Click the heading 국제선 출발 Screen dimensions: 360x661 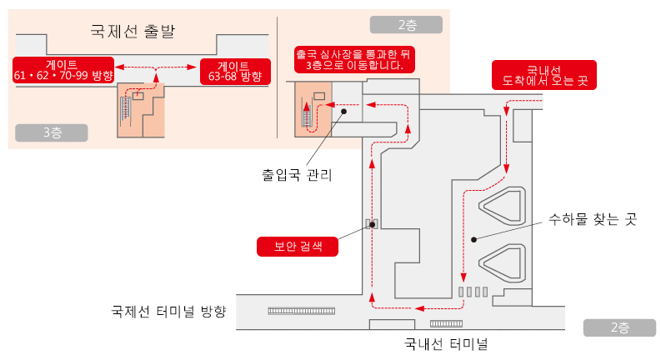pos(138,32)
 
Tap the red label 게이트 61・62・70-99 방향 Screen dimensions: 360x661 pos(63,70)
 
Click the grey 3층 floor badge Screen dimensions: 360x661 pos(51,132)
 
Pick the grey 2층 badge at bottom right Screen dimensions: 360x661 pos(618,327)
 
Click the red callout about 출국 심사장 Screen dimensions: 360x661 pos(354,58)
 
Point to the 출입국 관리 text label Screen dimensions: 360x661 pos(297,176)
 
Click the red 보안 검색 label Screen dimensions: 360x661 pos(298,247)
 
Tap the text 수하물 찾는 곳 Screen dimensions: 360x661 pos(592,220)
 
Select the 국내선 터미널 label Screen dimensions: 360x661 pos(445,342)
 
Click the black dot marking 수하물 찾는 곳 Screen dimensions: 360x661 pos(473,240)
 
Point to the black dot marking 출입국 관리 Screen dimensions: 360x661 pos(343,110)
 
